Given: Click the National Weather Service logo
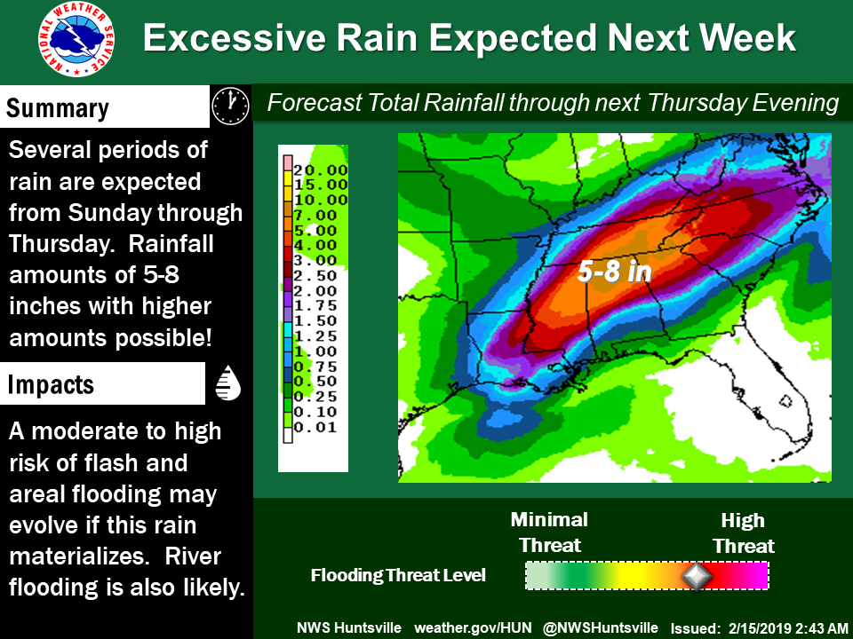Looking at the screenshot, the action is click(76, 39).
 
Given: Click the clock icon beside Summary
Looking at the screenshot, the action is click(231, 106).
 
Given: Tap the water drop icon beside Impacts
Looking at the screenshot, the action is click(228, 383).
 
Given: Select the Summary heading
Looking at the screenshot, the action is click(57, 107).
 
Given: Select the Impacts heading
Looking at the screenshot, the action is click(51, 384).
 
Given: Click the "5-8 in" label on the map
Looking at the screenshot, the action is click(614, 270).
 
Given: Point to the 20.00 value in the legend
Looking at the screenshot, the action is click(321, 170).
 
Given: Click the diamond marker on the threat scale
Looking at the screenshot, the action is click(697, 576).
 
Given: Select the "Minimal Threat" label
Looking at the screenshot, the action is click(549, 532).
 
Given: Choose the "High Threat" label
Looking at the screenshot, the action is click(743, 533).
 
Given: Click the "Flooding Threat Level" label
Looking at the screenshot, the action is click(398, 575).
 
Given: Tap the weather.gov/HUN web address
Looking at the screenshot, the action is click(473, 628).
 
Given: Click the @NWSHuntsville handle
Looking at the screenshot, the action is click(601, 628).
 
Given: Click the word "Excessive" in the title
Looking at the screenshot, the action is click(235, 38).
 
